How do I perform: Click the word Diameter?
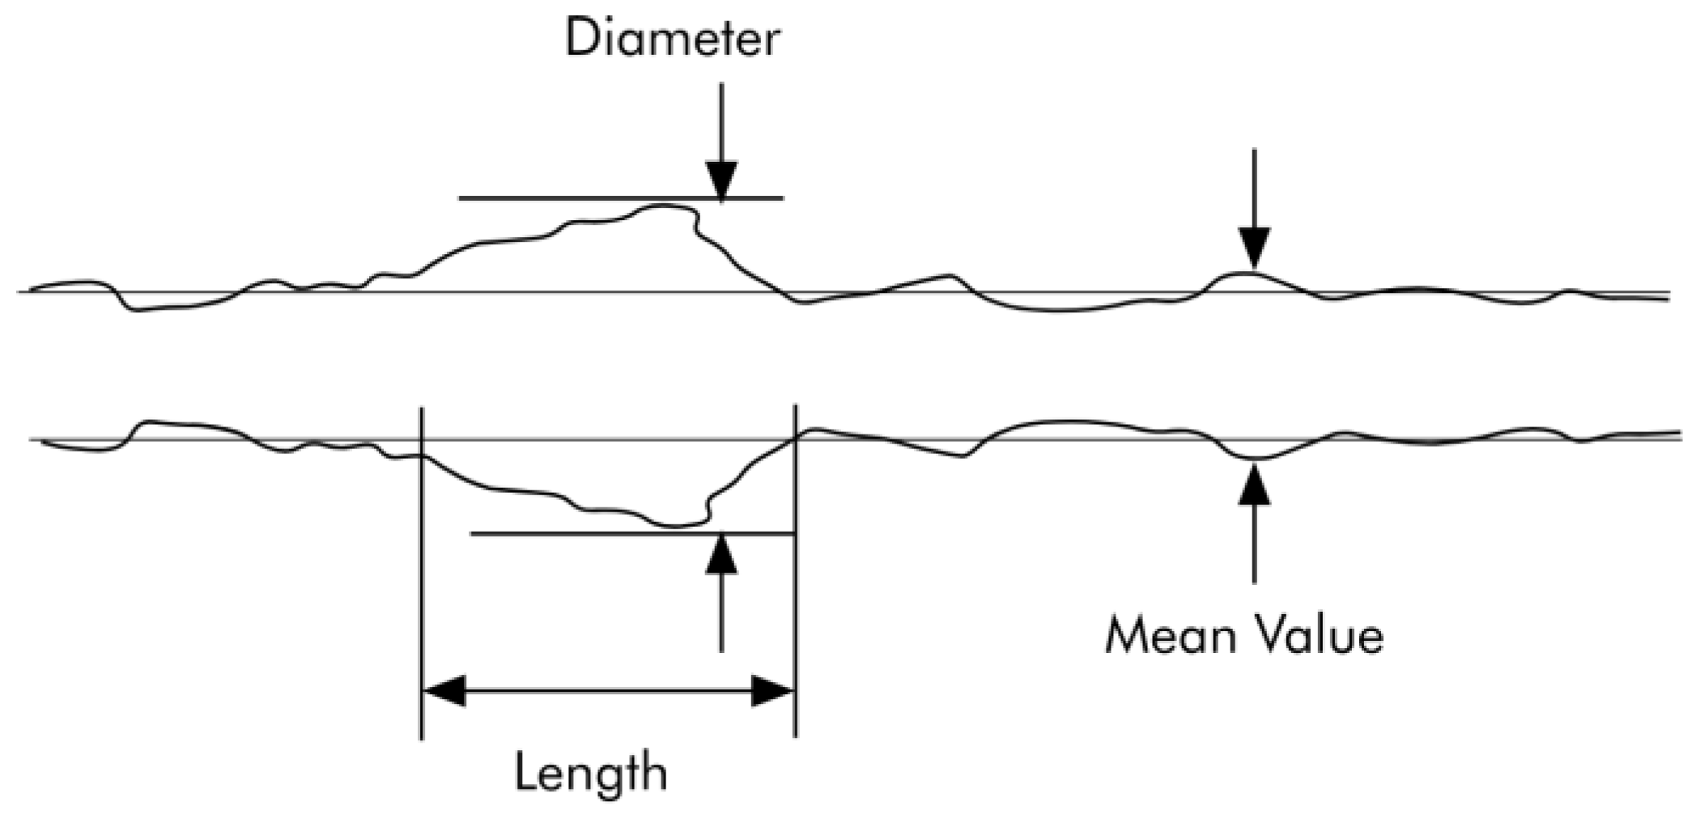coord(672,38)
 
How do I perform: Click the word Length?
coord(590,772)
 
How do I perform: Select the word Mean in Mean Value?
coord(1171,636)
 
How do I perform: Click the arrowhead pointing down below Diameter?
coord(721,180)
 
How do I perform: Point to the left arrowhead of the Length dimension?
coord(444,691)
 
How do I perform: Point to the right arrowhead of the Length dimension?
coord(773,691)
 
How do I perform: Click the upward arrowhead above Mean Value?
coord(1254,483)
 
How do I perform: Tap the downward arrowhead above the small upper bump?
coord(1254,248)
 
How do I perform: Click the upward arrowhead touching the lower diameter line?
coord(721,553)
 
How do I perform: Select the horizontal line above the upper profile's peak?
coord(567,197)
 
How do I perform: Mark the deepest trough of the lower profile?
coord(676,526)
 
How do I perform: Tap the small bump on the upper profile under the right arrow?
coord(1247,273)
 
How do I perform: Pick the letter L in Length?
coord(526,772)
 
